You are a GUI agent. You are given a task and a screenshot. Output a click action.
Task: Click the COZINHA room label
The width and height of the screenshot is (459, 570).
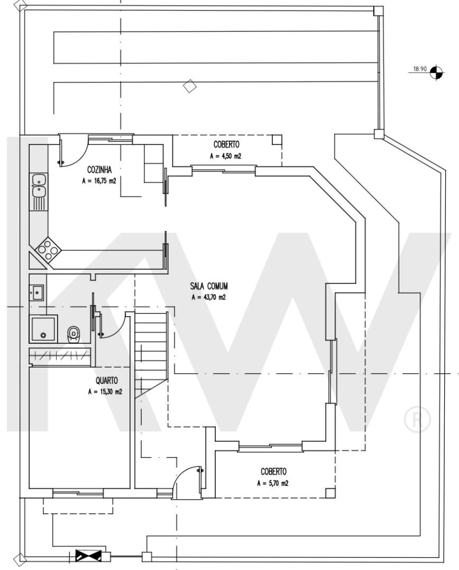coord(99,169)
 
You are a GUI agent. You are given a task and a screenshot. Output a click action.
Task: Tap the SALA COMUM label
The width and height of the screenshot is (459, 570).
coord(209,286)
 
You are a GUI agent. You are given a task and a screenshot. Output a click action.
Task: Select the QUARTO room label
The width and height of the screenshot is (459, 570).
coord(107,381)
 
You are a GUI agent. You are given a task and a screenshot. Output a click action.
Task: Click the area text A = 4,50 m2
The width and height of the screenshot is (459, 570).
coord(226,157)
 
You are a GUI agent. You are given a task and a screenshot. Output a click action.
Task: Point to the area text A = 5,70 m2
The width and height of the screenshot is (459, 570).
coord(273,483)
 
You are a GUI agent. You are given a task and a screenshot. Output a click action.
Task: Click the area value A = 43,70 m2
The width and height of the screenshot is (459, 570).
coord(209,297)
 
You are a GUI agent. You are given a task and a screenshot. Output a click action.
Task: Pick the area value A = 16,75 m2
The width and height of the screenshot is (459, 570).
coord(99,180)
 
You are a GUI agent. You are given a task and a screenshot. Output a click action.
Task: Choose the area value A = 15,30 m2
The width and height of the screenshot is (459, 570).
coord(105,392)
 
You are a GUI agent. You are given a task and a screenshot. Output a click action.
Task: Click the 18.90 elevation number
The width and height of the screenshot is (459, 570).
coord(420,68)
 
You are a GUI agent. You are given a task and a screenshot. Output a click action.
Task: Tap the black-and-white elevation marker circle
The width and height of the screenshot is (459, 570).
coord(437,73)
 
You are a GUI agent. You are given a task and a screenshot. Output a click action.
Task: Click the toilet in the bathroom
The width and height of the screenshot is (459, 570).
coord(73,334)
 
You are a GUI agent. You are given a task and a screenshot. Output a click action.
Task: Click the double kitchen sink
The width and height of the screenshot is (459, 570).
coord(39,186)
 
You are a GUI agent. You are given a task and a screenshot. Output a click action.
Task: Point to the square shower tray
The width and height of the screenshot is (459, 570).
coord(43,329)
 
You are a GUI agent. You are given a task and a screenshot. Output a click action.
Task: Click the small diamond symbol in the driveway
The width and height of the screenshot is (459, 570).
coord(190,86)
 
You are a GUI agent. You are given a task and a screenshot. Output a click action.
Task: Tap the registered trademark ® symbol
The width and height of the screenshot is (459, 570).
coord(417,419)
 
